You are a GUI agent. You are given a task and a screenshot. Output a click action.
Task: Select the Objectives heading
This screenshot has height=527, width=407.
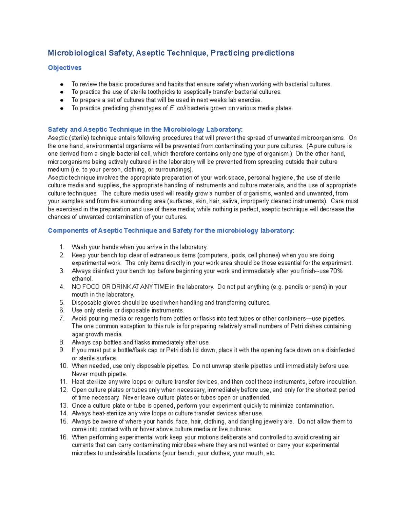point(64,68)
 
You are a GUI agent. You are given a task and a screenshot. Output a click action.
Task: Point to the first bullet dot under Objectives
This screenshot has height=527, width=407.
point(62,84)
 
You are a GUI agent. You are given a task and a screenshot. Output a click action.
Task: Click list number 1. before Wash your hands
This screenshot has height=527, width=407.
point(62,247)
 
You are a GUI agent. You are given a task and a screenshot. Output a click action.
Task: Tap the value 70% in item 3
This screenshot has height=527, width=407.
point(336,271)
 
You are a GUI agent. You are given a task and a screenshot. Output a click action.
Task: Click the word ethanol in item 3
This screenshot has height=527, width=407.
point(81,279)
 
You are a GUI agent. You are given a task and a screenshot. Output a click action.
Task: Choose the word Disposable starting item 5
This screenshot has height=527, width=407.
point(85,303)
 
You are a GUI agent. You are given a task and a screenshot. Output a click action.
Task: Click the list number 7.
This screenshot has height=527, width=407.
point(62,318)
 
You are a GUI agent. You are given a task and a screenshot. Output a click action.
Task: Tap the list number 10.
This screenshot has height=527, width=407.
point(63,366)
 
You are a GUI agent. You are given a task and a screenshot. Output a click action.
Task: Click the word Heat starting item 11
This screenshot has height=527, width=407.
point(78,382)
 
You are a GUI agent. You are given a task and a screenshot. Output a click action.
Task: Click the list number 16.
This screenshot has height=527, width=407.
point(63,437)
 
